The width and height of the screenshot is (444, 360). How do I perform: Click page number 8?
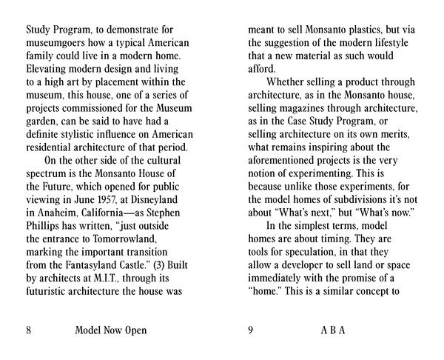pyautogui.click(x=29, y=330)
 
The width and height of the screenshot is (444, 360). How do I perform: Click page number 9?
pyautogui.click(x=251, y=330)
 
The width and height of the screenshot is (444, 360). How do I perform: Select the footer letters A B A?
pyautogui.click(x=333, y=330)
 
